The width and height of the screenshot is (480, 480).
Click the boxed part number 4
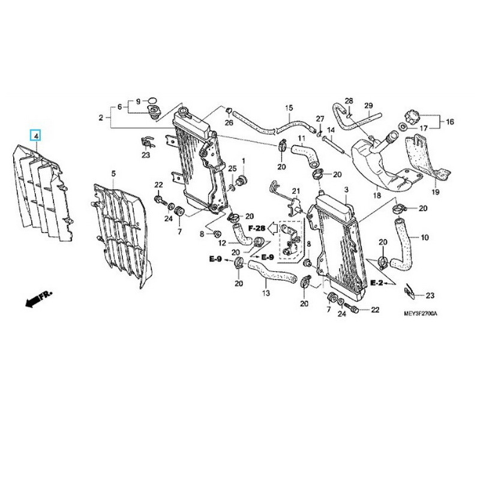(36, 136)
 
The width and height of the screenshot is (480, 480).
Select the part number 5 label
(113, 174)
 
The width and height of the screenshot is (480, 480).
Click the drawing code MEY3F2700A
(413, 314)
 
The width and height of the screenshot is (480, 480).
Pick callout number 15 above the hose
(289, 108)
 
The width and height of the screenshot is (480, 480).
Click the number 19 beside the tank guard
(435, 192)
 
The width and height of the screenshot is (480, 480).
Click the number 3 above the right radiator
(346, 190)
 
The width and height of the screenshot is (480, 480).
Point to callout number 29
(368, 106)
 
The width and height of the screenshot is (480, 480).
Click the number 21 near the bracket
(295, 191)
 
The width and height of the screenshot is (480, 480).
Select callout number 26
(229, 123)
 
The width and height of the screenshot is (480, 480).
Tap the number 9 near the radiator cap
(137, 101)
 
